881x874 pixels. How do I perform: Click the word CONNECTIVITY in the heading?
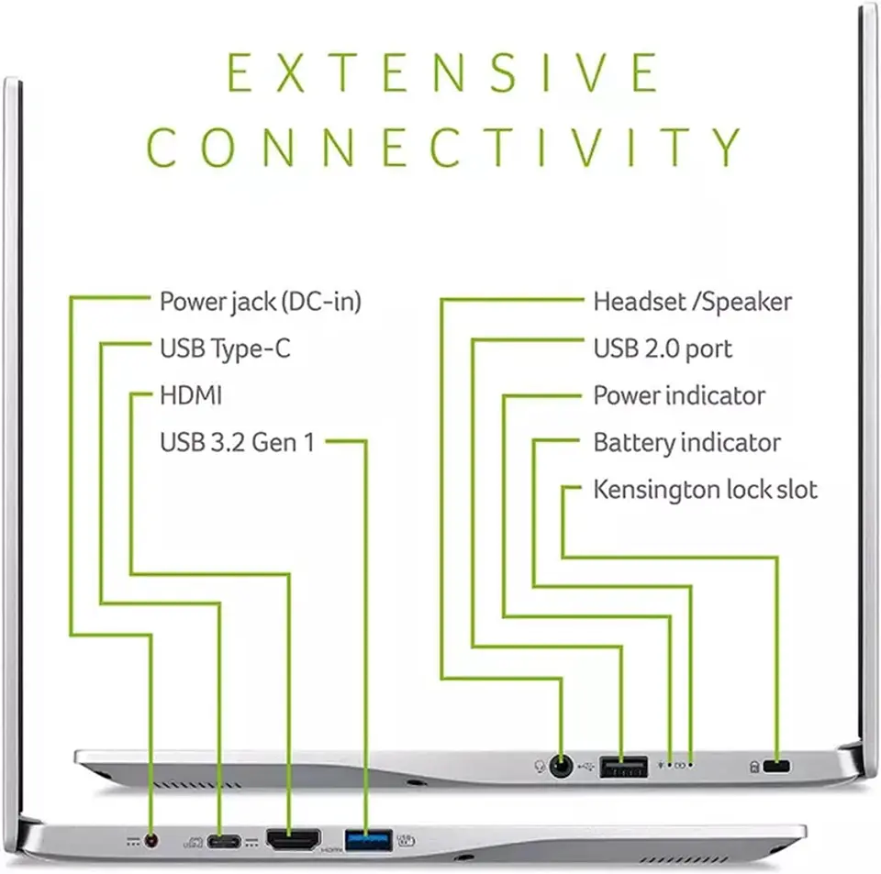pos(443,147)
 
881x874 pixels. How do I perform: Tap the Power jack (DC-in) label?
pos(260,302)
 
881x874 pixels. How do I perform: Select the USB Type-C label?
pos(225,348)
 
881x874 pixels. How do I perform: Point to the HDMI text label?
pos(191,395)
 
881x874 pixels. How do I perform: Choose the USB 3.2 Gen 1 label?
pos(237,442)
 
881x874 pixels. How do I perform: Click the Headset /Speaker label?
pos(692,302)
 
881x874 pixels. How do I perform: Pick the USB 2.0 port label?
pos(663,348)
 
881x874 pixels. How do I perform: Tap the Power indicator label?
pos(679,395)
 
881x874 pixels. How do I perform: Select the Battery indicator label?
pos(686,443)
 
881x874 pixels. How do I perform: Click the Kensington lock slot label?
pos(705,490)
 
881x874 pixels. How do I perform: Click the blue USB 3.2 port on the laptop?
pos(368,840)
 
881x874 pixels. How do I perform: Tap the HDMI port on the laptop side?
pos(294,840)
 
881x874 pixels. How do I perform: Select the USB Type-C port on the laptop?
pos(224,841)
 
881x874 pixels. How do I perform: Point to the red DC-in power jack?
pos(151,840)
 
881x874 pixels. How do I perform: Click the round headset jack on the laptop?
pos(561,766)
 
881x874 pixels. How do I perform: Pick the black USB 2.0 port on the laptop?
pos(623,766)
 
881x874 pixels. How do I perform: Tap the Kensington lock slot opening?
pos(776,766)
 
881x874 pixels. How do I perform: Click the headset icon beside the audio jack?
pos(540,766)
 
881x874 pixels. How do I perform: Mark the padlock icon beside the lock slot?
pos(754,767)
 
